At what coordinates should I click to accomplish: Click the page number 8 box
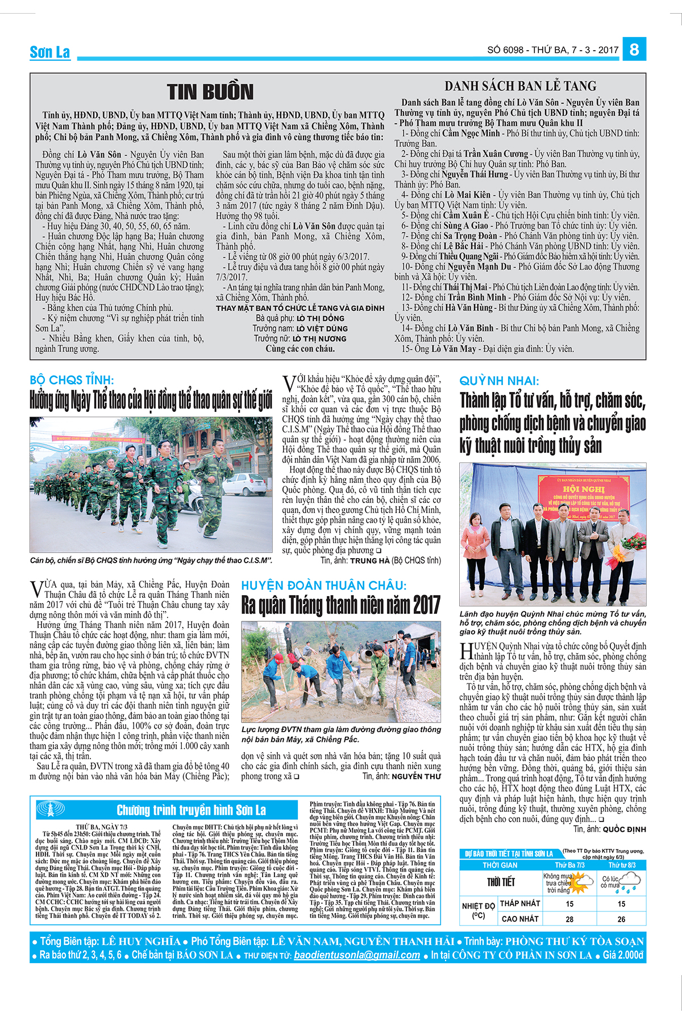[634, 49]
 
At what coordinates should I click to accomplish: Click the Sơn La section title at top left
[50, 52]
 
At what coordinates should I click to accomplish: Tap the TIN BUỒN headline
[210, 92]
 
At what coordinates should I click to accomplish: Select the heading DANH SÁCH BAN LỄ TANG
[520, 86]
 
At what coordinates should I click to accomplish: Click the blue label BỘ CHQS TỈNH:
[72, 380]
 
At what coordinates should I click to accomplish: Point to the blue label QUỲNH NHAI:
[499, 381]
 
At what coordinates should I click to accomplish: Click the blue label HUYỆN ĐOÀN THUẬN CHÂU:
[324, 585]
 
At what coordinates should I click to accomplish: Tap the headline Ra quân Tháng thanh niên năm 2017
[340, 605]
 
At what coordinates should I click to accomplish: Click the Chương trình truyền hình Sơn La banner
[191, 810]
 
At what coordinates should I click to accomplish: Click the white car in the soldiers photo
[245, 484]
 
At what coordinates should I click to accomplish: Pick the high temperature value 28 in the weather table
[569, 919]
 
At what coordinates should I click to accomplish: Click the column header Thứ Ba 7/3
[569, 865]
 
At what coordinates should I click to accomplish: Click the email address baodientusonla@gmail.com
[357, 955]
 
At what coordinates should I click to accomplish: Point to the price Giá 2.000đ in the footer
[623, 955]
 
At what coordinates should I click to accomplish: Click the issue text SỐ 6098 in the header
[505, 50]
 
